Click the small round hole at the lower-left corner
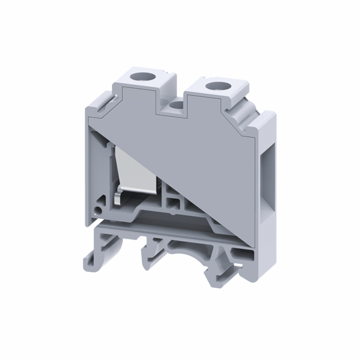97,210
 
